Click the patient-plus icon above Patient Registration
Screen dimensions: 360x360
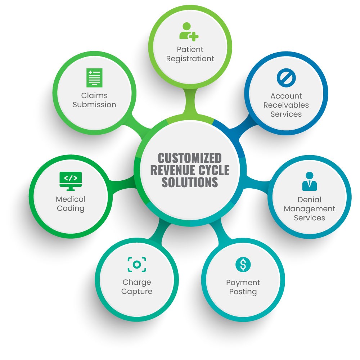(189, 31)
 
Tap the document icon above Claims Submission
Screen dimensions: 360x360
(94, 78)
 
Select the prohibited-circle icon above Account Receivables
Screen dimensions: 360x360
(286, 77)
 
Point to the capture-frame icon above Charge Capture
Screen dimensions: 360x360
(137, 265)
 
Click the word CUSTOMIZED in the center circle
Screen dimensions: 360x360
(190, 158)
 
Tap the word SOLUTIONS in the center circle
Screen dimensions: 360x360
(190, 182)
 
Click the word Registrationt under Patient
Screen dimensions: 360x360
(190, 58)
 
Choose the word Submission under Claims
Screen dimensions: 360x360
(94, 105)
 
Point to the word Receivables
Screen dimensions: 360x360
(286, 105)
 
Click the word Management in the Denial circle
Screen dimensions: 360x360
(309, 209)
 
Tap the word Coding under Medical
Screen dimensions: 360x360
(71, 208)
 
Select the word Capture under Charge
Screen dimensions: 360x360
(137, 291)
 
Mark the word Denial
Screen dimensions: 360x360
(309, 199)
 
